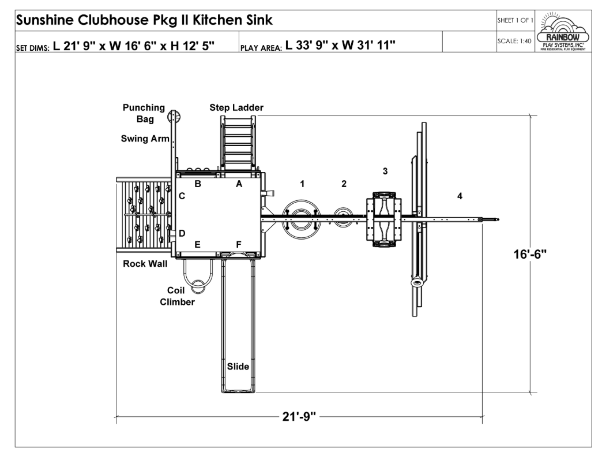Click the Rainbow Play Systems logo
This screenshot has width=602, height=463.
coord(563,32)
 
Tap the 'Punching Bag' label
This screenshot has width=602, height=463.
coord(144,113)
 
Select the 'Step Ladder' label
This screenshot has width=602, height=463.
coord(236,107)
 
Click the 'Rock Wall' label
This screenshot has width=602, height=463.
coord(145,264)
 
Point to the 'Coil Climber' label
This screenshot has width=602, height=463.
coord(177,296)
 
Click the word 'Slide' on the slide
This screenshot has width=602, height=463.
coord(238,367)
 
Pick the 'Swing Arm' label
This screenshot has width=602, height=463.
coord(145,139)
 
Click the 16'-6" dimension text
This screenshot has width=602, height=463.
coord(530,254)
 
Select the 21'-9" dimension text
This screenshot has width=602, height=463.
coord(299,416)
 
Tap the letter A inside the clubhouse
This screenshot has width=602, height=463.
coord(239,184)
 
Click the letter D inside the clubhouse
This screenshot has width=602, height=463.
coord(182,233)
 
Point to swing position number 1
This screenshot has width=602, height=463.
coord(302,184)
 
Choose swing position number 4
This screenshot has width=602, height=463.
coord(460,196)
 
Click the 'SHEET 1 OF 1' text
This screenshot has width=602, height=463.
coord(516,20)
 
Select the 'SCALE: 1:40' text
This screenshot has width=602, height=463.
coord(514,41)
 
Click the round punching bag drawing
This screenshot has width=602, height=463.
coord(175,117)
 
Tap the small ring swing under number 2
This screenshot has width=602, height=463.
coord(343,217)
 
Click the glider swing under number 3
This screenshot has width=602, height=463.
coord(384,219)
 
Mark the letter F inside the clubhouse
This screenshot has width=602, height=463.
coord(239,245)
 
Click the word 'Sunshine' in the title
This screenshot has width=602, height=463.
coord(45,20)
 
